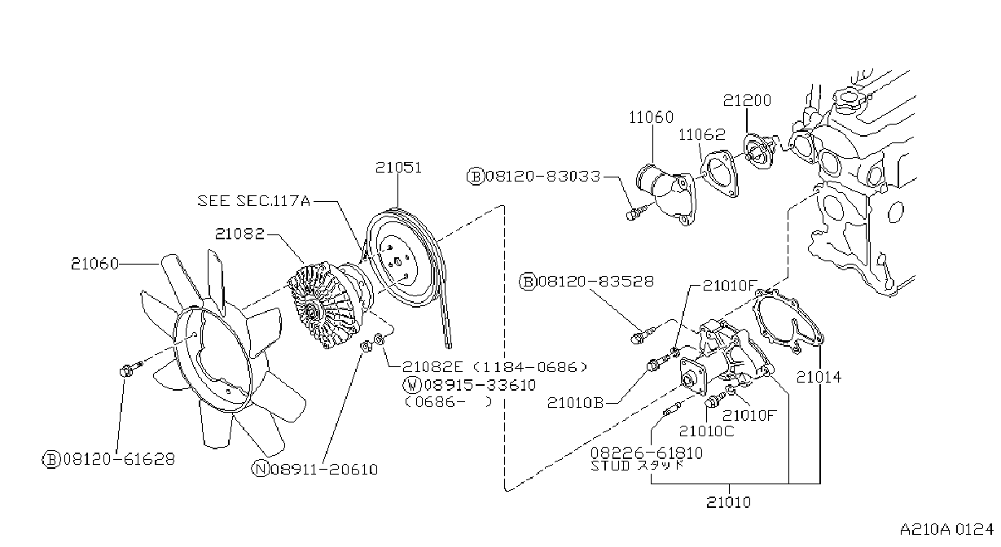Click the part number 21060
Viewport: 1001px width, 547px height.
click(x=95, y=264)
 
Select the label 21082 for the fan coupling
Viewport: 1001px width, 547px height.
click(x=240, y=234)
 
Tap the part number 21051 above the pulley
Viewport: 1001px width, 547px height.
click(x=398, y=168)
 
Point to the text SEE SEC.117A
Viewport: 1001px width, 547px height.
click(x=254, y=201)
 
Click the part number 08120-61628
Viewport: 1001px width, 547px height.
click(x=119, y=459)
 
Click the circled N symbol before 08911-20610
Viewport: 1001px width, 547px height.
click(x=260, y=469)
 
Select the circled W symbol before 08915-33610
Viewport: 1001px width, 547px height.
click(x=411, y=385)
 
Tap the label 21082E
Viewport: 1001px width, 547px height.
click(x=432, y=367)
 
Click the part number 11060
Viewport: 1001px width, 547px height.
click(x=651, y=117)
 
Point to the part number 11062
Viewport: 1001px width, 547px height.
click(x=702, y=134)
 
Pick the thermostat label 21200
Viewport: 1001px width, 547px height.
click(x=747, y=100)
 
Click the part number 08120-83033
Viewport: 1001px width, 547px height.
click(x=543, y=177)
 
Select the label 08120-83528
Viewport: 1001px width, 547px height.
click(x=596, y=282)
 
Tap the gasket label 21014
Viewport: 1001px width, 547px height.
click(x=819, y=378)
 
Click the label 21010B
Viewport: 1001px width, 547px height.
click(x=576, y=403)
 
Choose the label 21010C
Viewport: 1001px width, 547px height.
click(x=706, y=431)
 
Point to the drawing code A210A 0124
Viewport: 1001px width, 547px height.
click(x=946, y=530)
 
